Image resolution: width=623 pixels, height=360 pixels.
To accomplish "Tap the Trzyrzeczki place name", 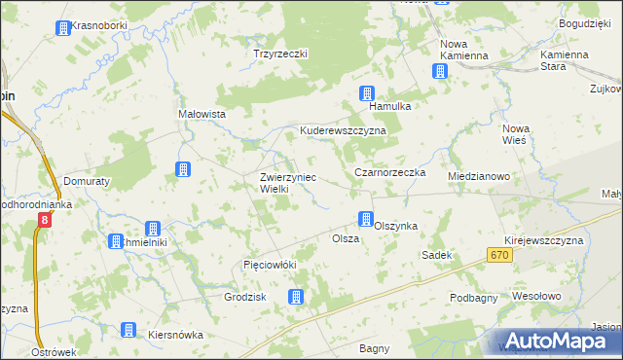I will (x=279, y=54).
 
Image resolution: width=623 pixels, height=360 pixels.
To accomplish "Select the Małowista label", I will (x=202, y=114).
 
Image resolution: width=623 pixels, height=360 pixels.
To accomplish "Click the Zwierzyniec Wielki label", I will (x=288, y=183).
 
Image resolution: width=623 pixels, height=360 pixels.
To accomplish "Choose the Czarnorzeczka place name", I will (x=390, y=172).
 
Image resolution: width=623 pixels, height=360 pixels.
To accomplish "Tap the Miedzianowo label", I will (x=479, y=176).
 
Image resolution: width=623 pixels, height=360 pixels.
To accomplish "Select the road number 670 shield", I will (x=500, y=254).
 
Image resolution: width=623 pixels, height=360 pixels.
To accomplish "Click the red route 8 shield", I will (x=44, y=221).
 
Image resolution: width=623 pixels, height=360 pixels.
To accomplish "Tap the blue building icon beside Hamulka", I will (x=367, y=94).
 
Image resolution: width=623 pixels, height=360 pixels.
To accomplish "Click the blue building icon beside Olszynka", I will (x=366, y=219).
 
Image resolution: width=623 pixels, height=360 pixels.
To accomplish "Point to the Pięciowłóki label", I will (x=269, y=265).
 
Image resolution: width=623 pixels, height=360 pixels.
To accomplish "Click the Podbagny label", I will (x=475, y=298).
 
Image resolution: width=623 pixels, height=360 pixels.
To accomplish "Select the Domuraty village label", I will (x=91, y=180).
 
